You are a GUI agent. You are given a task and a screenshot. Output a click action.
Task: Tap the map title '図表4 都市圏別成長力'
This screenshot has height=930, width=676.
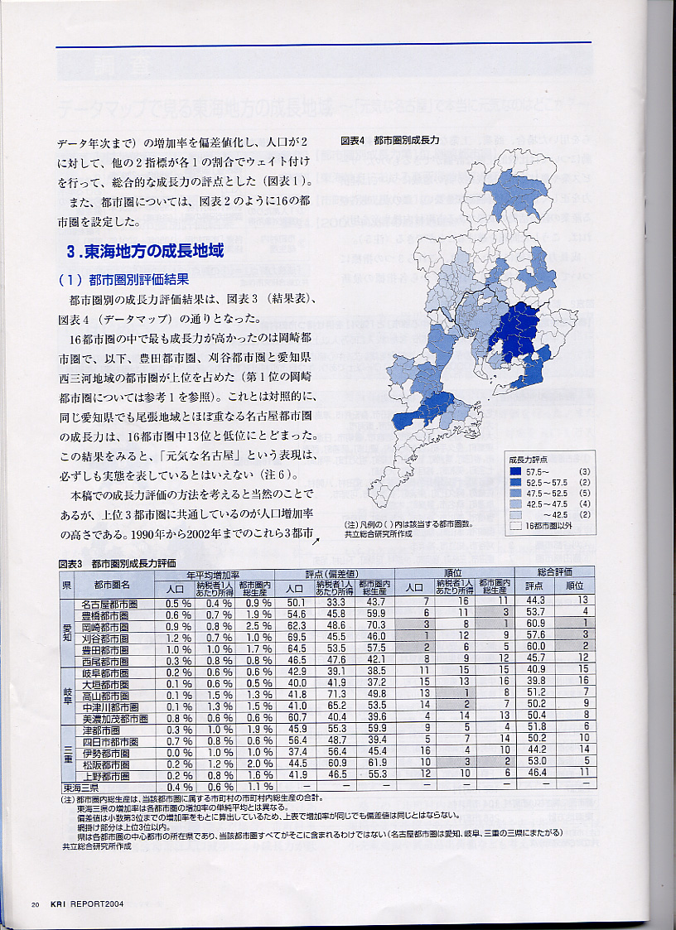(389, 141)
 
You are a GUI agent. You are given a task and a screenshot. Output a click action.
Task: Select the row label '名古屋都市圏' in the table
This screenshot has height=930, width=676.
(109, 604)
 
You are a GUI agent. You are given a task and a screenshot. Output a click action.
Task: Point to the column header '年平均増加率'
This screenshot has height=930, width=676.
(213, 573)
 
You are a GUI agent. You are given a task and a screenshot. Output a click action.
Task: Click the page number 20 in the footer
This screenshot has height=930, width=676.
(35, 903)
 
